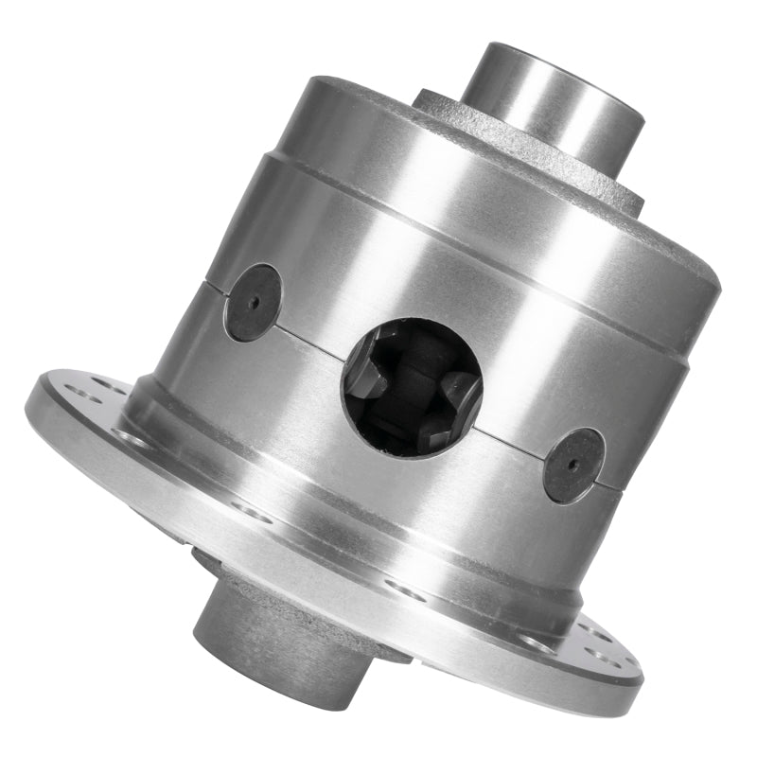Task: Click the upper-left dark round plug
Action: (x=253, y=303)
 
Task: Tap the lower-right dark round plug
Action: (x=573, y=466)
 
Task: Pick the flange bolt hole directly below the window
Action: (x=405, y=589)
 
